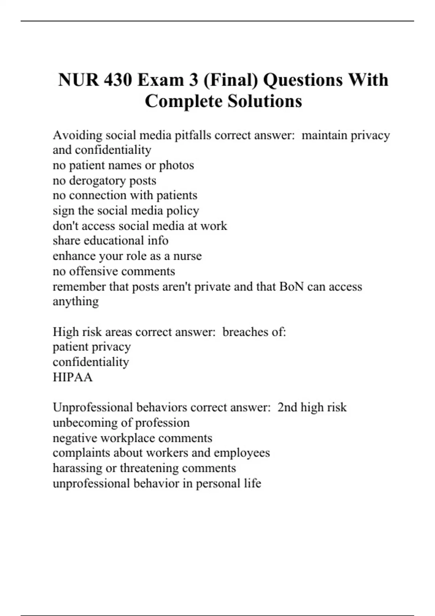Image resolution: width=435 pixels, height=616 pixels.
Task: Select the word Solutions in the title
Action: pos(265,101)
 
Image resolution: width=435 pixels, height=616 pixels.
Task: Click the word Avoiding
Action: pos(77,136)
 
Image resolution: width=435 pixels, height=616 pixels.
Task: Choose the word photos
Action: pos(177,166)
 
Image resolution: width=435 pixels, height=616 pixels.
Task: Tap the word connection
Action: pos(98,196)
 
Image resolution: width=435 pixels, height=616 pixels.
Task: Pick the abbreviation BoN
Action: pos(291,287)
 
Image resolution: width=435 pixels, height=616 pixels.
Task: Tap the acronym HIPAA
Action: pos(72,378)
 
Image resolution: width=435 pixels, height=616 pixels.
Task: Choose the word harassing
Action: pos(77,468)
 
